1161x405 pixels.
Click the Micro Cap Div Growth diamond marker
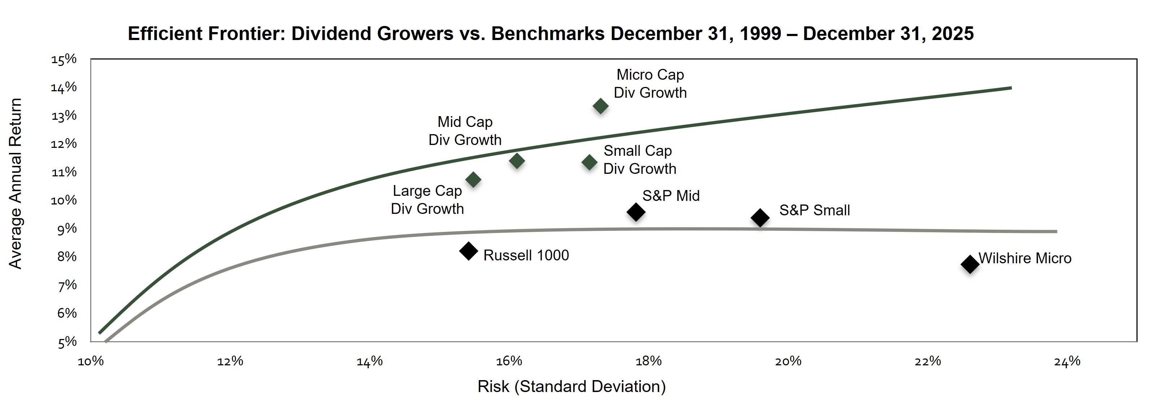click(x=600, y=106)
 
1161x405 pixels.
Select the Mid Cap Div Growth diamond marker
click(x=517, y=161)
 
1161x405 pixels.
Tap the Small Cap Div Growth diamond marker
click(x=589, y=163)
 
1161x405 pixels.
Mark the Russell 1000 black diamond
click(x=469, y=251)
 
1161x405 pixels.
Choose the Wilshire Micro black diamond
click(x=970, y=264)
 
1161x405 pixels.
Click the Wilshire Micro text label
click(x=1025, y=258)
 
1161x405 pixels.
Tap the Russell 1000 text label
click(x=526, y=255)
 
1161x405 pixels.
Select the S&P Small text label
click(x=814, y=210)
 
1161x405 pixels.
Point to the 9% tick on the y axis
click(x=67, y=229)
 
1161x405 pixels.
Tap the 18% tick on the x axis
click(x=649, y=361)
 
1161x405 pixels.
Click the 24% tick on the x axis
click(x=1067, y=361)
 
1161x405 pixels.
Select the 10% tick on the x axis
click(x=91, y=361)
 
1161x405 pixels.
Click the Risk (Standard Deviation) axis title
click(x=571, y=387)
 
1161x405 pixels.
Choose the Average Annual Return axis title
click(x=15, y=184)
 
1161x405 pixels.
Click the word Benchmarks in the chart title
click(x=548, y=34)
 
